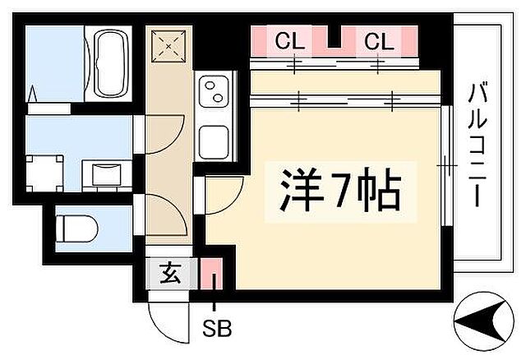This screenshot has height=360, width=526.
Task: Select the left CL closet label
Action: pyautogui.click(x=287, y=39)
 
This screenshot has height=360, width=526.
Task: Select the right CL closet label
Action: pyautogui.click(x=379, y=39)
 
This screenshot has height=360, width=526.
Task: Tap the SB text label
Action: pyautogui.click(x=217, y=326)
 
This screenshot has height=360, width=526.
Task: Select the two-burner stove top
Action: pyautogui.click(x=215, y=92)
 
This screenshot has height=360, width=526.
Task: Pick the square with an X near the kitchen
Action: pyautogui.click(x=170, y=48)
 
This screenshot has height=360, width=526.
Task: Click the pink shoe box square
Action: pyautogui.click(x=211, y=273)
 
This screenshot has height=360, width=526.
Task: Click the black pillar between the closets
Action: pyautogui.click(x=332, y=38)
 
